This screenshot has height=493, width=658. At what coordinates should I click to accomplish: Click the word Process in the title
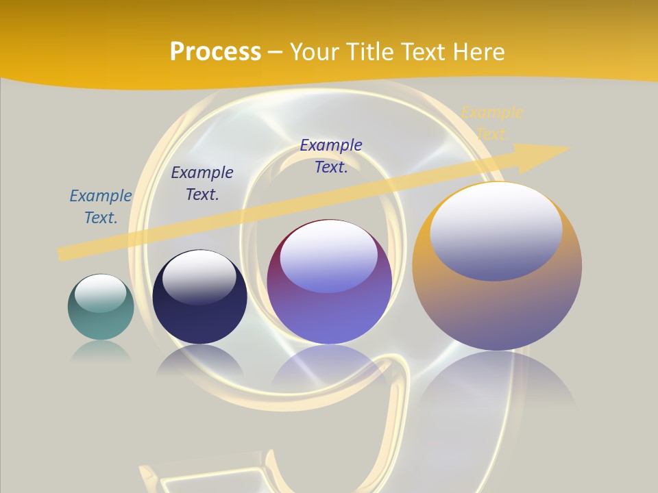(x=215, y=51)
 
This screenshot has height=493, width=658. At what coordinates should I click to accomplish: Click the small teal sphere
(x=101, y=307)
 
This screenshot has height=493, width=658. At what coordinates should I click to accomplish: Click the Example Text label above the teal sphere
(x=101, y=207)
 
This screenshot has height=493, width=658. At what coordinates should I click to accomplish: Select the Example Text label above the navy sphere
(x=202, y=184)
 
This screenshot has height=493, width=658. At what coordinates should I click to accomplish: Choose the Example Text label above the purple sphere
(x=331, y=156)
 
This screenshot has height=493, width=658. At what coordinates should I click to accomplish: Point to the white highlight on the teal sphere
(x=100, y=294)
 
